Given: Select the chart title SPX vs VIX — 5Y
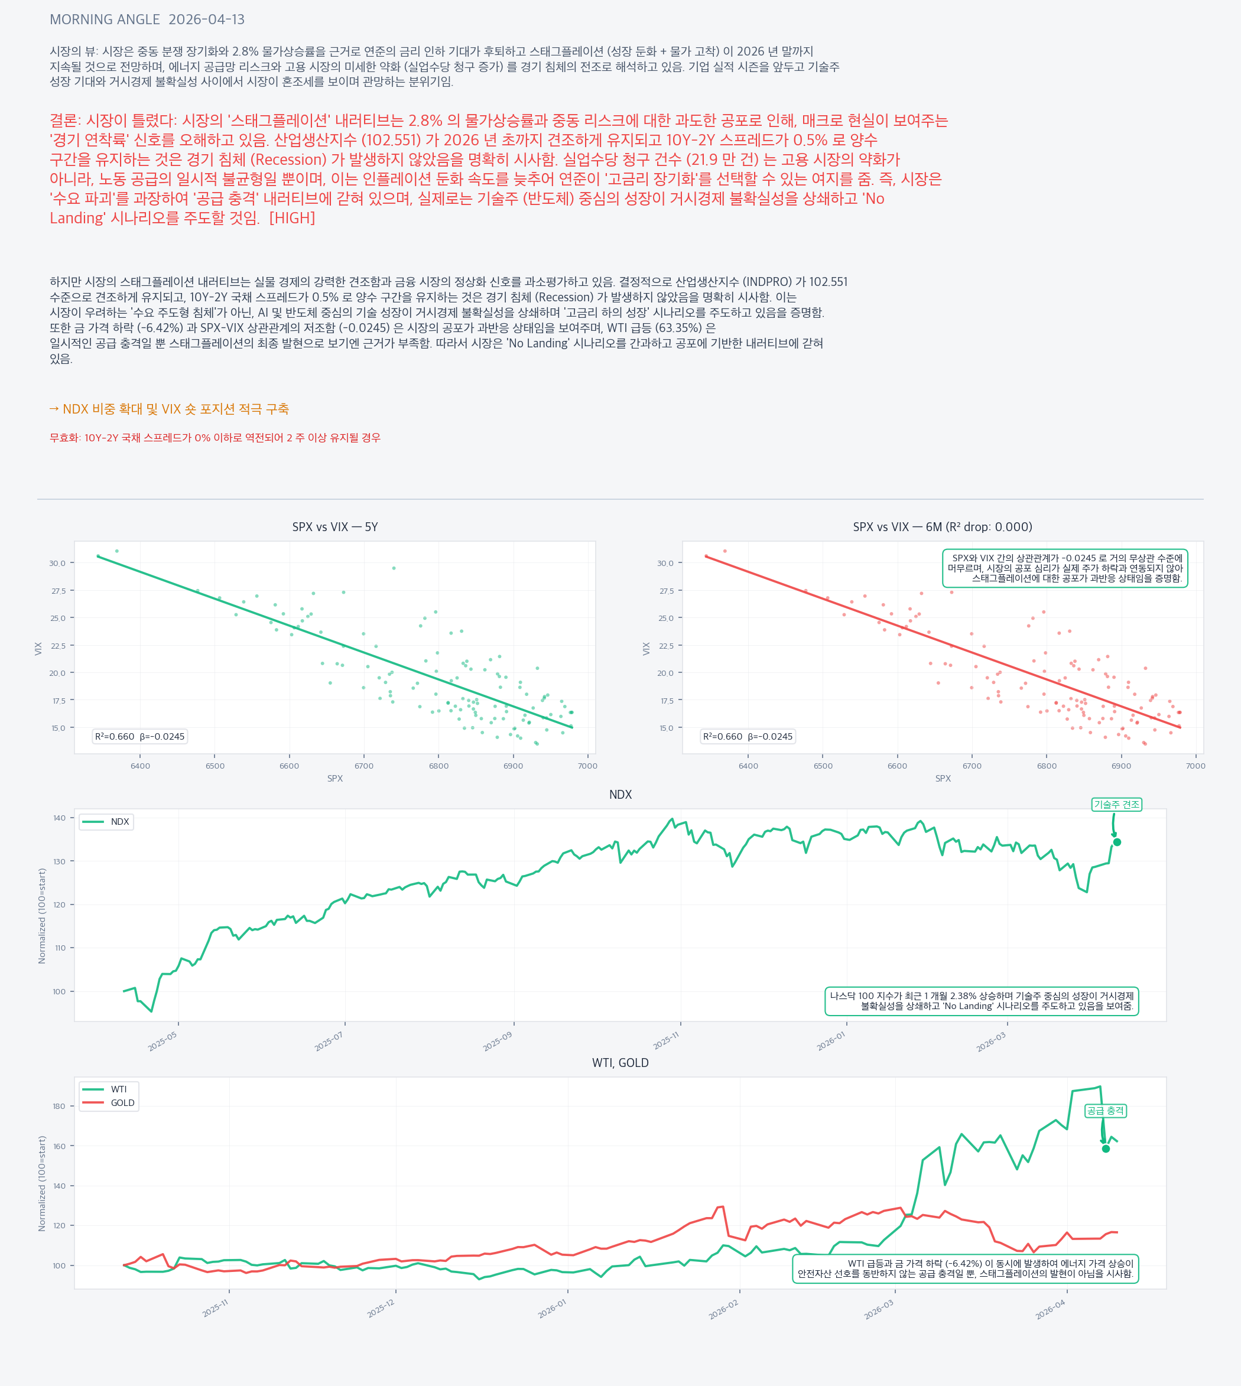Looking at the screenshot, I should (335, 527).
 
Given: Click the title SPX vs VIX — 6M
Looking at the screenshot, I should (943, 527).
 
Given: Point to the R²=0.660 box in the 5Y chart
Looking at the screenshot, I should (140, 736).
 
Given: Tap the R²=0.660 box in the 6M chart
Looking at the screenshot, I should (748, 736).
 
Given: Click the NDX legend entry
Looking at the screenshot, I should (106, 822).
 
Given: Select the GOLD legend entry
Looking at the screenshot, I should (109, 1103).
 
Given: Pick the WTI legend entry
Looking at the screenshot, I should (106, 1089).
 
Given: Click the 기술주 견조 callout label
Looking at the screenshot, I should (1116, 805).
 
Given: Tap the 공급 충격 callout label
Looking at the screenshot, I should (1105, 1111).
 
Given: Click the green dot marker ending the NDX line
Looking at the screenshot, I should (1117, 842).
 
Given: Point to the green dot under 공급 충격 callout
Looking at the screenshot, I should (1106, 1149).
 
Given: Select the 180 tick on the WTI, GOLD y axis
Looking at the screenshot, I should (59, 1106).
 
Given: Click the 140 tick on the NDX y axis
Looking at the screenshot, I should (59, 818).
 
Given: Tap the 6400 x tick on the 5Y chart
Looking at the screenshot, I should (140, 766).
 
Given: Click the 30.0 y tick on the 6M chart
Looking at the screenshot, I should (665, 563).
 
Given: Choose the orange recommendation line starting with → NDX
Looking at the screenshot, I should (169, 409).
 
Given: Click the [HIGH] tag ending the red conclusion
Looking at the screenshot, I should (293, 218).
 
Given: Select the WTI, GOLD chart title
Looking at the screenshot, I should (620, 1063).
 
